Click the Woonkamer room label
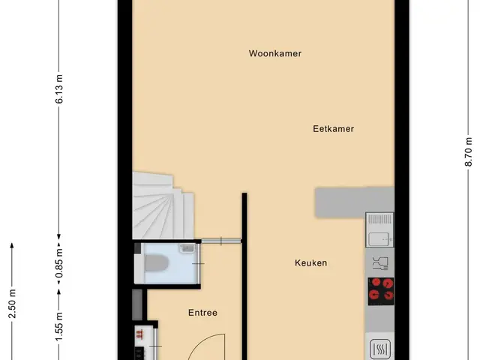(275, 53)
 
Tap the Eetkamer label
(333, 129)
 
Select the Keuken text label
(310, 263)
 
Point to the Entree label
(202, 313)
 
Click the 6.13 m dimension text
(59, 88)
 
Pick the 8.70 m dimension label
(468, 151)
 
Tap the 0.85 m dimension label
(59, 263)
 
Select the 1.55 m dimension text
(59, 326)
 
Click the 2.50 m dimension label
(12, 304)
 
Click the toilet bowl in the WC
(157, 263)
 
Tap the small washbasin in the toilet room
(187, 247)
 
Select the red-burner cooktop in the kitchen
(381, 292)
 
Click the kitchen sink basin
(379, 239)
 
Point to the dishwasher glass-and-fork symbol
(380, 263)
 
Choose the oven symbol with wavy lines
(380, 349)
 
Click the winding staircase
(162, 207)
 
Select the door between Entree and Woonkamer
(221, 241)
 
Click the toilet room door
(198, 263)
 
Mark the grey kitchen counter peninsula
(355, 202)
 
